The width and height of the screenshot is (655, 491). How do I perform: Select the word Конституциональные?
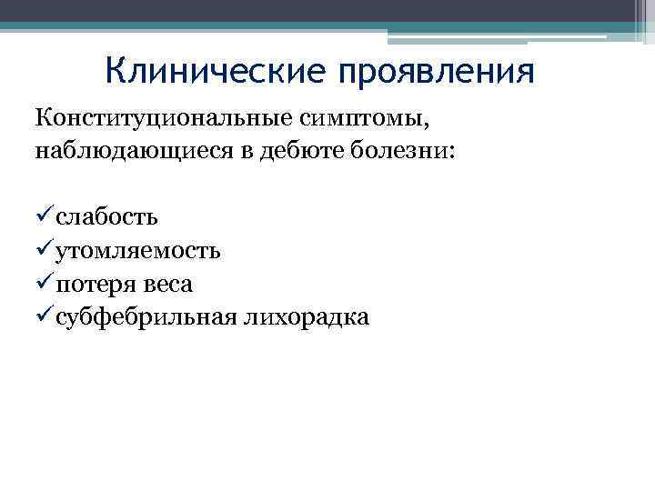[x=160, y=118]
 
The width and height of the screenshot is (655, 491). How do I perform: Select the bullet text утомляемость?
[x=137, y=250]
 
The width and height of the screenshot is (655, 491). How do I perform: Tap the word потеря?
[x=96, y=284]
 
